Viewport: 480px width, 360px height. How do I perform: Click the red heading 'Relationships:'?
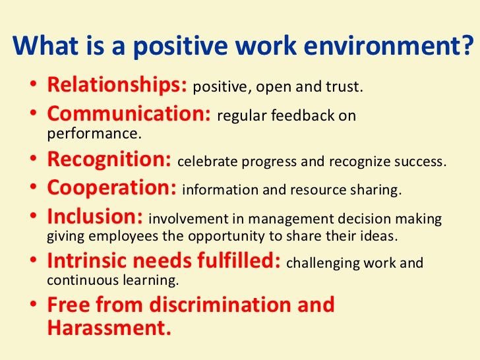[x=117, y=86]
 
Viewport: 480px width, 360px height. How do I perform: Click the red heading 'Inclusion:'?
[x=96, y=217]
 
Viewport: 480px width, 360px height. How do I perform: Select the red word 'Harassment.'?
[x=109, y=328]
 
